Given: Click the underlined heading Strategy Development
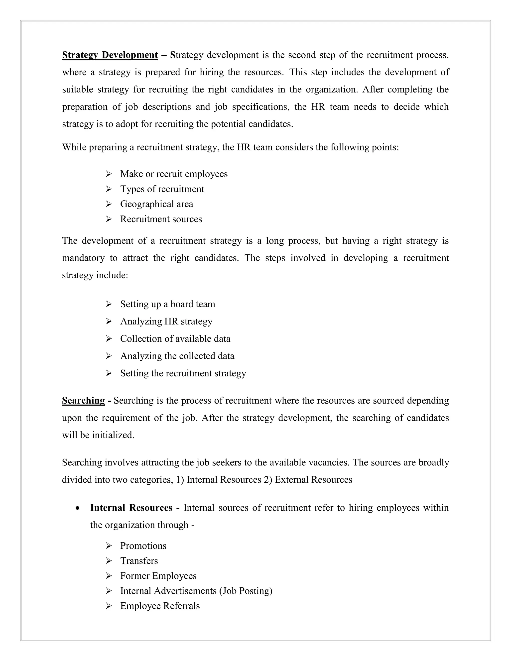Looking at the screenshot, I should click(110, 55).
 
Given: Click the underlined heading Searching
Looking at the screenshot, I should click(83, 400).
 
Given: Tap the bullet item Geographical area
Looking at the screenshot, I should click(156, 204).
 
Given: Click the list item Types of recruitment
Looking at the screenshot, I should click(162, 189).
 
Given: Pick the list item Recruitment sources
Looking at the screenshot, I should click(161, 219).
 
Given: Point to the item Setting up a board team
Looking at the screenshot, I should click(168, 304).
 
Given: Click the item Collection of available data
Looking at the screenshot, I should click(175, 338).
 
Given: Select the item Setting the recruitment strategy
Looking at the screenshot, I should click(183, 373).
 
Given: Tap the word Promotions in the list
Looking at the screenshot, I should click(143, 546).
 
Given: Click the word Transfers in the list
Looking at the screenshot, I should click(139, 561).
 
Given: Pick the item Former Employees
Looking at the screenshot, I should click(158, 576).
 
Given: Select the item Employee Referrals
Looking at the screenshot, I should click(160, 606).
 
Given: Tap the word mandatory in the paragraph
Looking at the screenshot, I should click(83, 258).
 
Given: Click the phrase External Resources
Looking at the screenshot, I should click(313, 480).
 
